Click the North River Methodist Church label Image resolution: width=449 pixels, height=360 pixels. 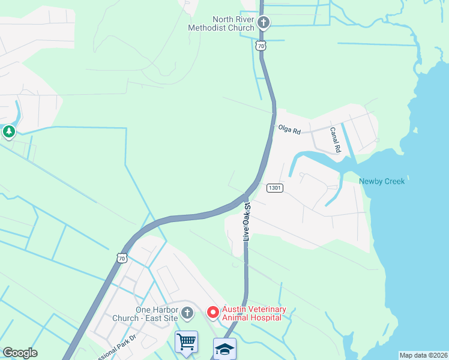click(220, 23)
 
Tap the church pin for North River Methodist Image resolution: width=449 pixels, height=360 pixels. click(263, 23)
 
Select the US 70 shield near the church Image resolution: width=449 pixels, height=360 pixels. click(259, 46)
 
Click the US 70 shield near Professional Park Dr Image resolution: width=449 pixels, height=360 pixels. click(122, 258)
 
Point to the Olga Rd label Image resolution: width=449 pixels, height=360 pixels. click(289, 128)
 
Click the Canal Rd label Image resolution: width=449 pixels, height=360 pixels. click(335, 140)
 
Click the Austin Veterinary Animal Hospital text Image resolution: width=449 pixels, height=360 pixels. click(254, 313)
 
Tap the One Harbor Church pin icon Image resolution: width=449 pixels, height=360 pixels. click(187, 313)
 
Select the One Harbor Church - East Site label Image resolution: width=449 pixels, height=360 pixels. click(158, 313)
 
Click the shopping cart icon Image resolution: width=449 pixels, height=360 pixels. click(186, 342)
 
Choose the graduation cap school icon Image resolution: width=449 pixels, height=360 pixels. click(224, 349)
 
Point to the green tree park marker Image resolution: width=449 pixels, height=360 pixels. click(8, 131)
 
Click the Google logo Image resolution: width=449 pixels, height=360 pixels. click(20, 353)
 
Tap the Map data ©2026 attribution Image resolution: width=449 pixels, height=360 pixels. click(423, 355)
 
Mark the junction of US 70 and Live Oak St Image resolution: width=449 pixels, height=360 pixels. click(247, 196)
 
